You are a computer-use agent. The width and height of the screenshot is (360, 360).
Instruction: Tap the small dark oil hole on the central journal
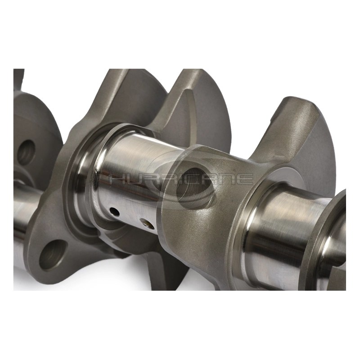pos(114,212)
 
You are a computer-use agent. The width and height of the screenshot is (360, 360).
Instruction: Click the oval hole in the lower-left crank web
pos(53,255)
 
